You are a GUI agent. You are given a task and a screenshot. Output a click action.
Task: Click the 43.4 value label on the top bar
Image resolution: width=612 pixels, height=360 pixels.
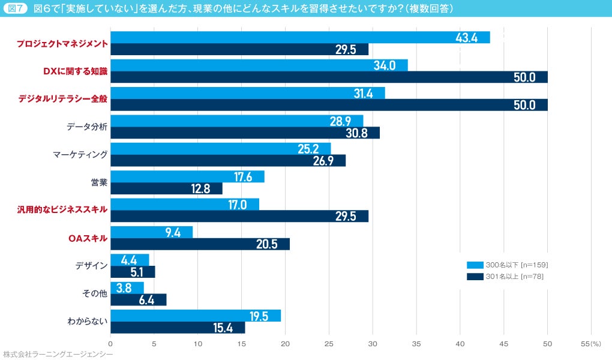point(466,37)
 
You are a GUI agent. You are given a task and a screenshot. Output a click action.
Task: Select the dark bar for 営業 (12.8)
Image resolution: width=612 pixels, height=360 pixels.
point(166,188)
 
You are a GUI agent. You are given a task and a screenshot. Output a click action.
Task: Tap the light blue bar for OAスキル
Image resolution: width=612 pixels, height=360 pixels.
point(151,232)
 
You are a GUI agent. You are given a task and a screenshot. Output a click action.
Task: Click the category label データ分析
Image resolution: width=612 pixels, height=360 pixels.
point(87,127)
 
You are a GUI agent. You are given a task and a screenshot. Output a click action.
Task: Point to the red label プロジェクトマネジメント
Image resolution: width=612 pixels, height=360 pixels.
point(62,43)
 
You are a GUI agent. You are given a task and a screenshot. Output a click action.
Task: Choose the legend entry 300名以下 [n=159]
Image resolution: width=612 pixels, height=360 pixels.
point(508,265)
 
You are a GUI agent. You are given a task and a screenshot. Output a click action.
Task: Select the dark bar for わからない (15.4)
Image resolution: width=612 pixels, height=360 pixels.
point(178,328)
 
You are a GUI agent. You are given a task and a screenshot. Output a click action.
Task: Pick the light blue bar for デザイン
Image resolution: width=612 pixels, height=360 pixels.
point(130,260)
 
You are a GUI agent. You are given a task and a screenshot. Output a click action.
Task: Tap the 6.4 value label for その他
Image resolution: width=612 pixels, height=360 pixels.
point(147,300)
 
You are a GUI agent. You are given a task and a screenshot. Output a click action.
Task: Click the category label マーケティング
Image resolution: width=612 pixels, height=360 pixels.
point(80,155)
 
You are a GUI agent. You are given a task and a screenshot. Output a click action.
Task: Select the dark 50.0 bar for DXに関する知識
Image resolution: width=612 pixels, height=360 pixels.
point(329,77)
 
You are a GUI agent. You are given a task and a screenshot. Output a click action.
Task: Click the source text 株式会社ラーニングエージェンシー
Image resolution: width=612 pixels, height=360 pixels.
point(58,355)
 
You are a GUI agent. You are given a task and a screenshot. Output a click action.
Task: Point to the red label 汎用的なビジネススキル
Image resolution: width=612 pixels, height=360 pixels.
point(63,209)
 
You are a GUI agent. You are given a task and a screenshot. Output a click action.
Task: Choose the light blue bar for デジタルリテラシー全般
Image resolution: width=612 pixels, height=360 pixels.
point(247,93)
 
